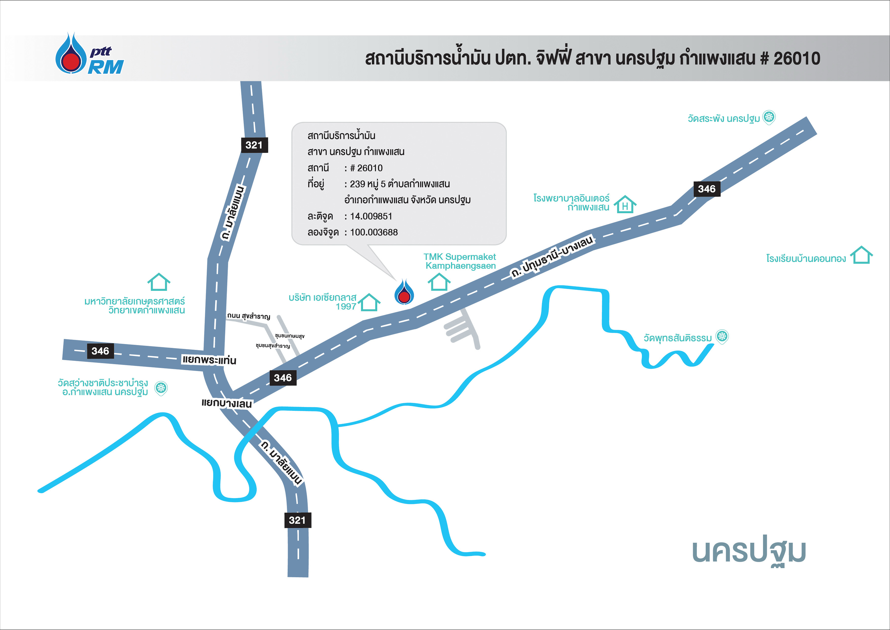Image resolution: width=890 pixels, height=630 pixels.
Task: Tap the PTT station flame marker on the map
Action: click(x=404, y=292)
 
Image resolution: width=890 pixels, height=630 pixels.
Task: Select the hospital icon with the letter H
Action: click(x=625, y=204)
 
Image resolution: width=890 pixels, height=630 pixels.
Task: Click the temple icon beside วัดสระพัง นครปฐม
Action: click(x=769, y=117)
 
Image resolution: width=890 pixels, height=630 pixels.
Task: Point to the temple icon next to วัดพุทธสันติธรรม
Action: click(x=722, y=336)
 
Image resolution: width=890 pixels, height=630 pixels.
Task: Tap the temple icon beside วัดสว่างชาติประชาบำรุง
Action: click(x=161, y=388)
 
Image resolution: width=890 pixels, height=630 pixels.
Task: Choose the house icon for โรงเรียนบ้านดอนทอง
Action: click(x=861, y=255)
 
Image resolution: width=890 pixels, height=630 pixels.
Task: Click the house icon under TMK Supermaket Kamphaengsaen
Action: click(x=439, y=282)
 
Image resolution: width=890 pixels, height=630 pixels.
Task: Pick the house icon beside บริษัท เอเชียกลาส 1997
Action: click(x=369, y=302)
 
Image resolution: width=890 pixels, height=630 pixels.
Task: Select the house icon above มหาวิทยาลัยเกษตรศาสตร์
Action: click(x=159, y=282)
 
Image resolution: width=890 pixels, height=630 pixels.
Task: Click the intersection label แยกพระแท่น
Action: click(x=209, y=360)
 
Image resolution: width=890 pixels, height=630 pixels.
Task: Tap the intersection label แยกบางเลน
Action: click(x=227, y=403)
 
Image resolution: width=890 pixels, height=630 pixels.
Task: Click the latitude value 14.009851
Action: click(x=371, y=216)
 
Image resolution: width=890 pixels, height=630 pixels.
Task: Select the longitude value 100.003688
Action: click(x=374, y=232)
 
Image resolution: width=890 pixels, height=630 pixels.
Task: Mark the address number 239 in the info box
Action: click(x=357, y=184)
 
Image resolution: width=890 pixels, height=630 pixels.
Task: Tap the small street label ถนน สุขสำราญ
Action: click(x=249, y=316)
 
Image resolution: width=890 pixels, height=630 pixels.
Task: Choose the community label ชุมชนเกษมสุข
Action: click(x=290, y=336)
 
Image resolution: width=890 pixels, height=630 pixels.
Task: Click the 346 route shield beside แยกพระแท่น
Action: click(x=100, y=351)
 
